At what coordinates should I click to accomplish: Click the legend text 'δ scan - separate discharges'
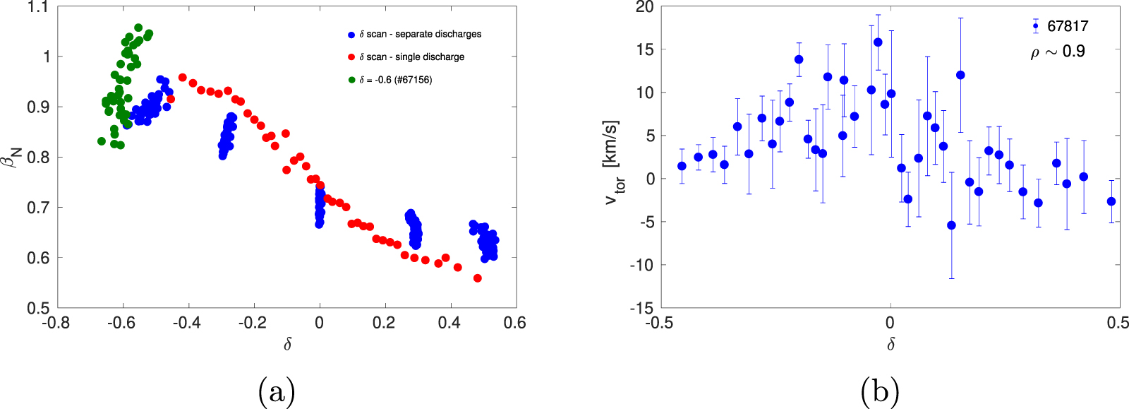click(420, 34)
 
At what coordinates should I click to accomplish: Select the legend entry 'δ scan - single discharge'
click(411, 57)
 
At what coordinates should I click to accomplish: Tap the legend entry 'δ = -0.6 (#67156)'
click(395, 80)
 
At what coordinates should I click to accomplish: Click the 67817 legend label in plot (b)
click(1068, 26)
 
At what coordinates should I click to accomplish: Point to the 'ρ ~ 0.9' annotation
click(1057, 52)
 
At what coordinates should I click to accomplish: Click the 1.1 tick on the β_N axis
click(38, 8)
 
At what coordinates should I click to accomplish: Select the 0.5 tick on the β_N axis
click(38, 308)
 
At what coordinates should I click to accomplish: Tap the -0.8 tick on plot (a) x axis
click(56, 324)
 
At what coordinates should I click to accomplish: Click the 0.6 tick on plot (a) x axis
click(516, 324)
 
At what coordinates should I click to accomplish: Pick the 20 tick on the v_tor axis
click(644, 8)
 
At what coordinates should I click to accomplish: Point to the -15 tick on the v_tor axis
click(641, 308)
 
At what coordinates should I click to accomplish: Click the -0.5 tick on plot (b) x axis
click(660, 324)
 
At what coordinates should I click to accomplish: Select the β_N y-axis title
click(14, 157)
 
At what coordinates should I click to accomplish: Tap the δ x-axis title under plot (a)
click(287, 345)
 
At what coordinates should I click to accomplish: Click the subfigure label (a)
click(276, 391)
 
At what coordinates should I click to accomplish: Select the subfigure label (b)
click(879, 391)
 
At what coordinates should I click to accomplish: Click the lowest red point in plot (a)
click(478, 278)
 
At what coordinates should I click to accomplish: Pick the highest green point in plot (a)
click(138, 28)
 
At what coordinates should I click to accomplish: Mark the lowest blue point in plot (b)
click(951, 225)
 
